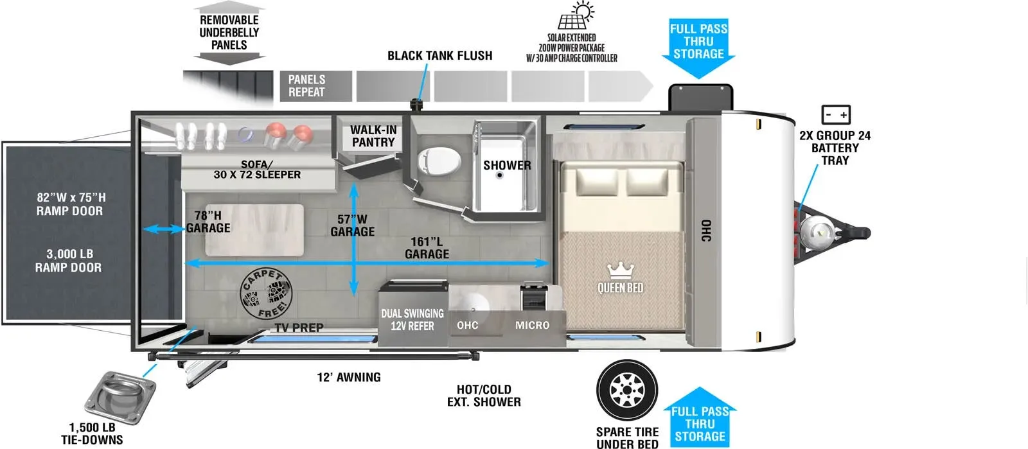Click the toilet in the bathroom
(x=439, y=161)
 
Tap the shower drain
(x=499, y=175)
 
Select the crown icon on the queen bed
(x=620, y=270)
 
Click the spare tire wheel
(x=627, y=390)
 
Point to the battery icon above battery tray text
(x=836, y=114)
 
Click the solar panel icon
(x=576, y=15)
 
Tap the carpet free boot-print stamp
(x=266, y=294)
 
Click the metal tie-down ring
(x=120, y=397)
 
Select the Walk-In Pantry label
(x=373, y=136)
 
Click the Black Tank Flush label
(x=439, y=55)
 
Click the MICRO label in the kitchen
(x=533, y=325)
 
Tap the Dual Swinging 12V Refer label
(x=412, y=320)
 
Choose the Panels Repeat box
(x=315, y=86)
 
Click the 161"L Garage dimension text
(x=427, y=248)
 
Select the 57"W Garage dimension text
(x=353, y=225)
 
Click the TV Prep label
(x=299, y=328)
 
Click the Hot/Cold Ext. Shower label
(x=484, y=395)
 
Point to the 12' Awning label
(x=349, y=377)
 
